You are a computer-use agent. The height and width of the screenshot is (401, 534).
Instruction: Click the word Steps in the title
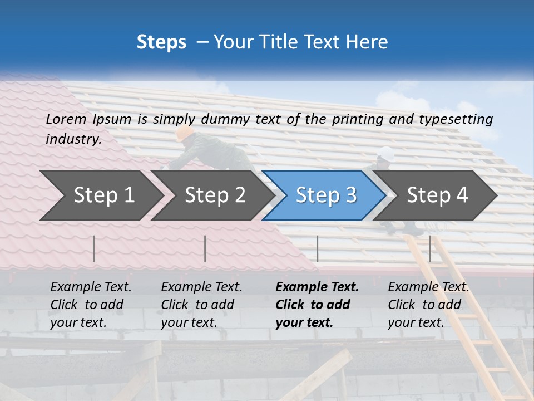pos(161,42)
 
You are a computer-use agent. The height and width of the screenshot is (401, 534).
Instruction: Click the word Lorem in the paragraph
pos(66,119)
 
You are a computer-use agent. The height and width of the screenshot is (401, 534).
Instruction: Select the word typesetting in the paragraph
pos(456,119)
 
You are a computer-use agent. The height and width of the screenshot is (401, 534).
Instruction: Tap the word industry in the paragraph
pos(73,139)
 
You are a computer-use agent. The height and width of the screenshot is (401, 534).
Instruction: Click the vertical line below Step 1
pos(94,248)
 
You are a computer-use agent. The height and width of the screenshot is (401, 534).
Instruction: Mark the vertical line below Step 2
pos(205,248)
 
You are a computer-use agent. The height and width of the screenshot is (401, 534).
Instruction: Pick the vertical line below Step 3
pos(317,248)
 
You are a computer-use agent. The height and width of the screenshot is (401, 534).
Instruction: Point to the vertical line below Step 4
pos(429,248)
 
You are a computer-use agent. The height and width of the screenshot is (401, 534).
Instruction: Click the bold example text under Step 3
pos(317,305)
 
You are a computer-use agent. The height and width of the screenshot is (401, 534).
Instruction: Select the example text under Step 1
pos(91,305)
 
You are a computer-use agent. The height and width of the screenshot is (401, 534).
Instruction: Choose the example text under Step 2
pos(201,305)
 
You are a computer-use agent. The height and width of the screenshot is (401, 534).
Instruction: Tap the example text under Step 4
pos(428,305)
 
